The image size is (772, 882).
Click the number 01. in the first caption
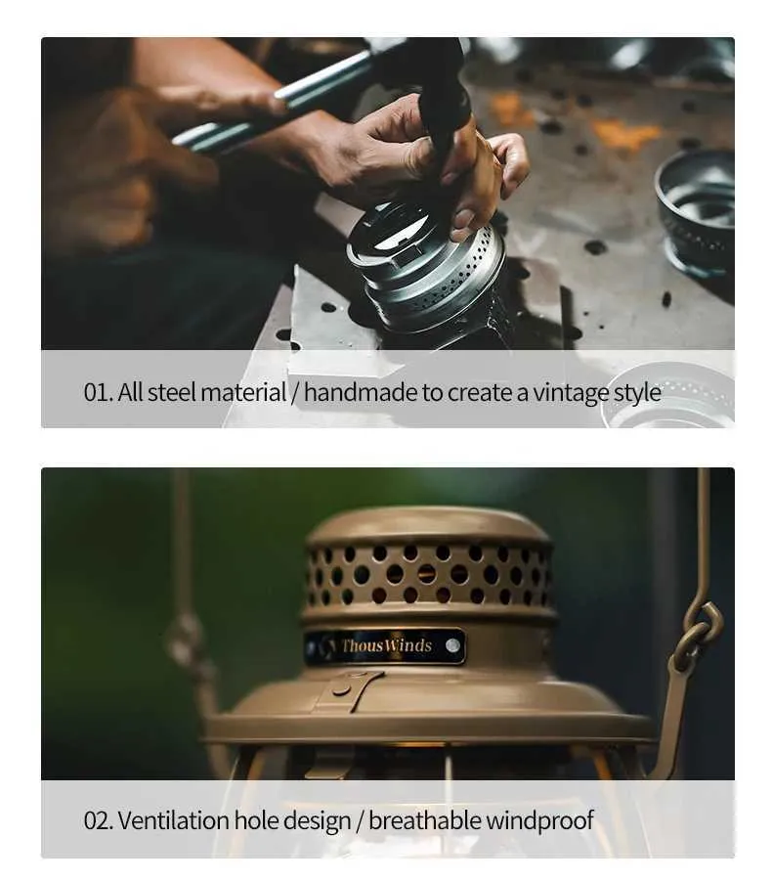[99, 392]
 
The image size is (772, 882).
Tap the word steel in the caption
[172, 392]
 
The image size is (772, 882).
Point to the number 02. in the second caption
[99, 820]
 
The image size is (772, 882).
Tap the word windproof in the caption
[539, 821]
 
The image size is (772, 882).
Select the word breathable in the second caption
[425, 820]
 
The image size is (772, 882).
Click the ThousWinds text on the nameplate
[386, 645]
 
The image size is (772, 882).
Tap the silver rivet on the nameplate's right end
[452, 645]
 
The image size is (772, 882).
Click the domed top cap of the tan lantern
[427, 525]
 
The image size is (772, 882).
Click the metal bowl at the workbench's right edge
[697, 212]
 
